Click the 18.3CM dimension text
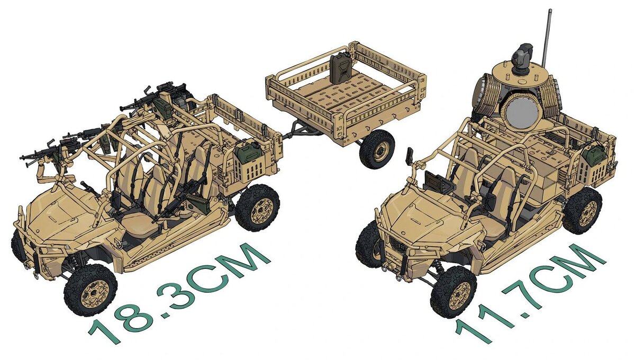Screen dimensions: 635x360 pos(179,295)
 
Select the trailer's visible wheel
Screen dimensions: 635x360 pos(377,149)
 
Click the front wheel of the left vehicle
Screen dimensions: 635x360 pos(90,290)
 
